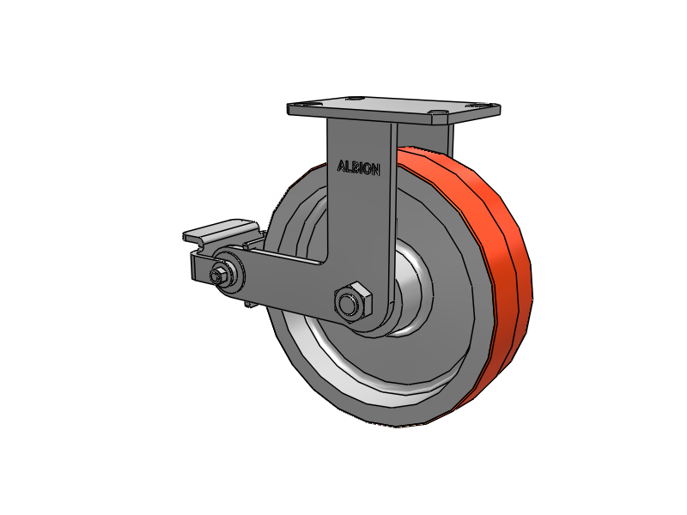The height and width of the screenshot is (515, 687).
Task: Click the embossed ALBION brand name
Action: point(358,168)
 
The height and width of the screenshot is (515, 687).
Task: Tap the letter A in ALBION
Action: point(342,167)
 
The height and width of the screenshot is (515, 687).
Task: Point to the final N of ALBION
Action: point(375,170)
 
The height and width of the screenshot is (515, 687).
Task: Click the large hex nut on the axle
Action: point(353,301)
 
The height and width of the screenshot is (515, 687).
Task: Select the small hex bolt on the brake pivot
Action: point(216,276)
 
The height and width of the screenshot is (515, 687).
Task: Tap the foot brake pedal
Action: point(219,230)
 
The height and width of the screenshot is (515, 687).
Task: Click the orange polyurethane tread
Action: point(490,281)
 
